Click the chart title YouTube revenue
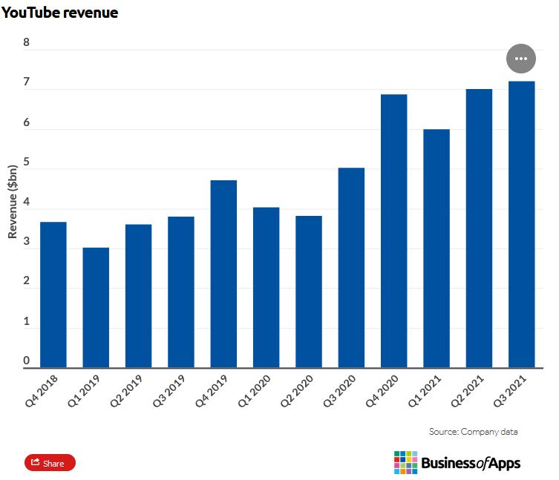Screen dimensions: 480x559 [x=59, y=13]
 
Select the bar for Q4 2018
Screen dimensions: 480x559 [x=53, y=295]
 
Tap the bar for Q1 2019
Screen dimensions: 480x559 [x=96, y=307]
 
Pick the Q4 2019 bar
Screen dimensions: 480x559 [x=223, y=274]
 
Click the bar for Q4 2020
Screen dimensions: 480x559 [x=394, y=231]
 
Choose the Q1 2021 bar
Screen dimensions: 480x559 [x=437, y=248]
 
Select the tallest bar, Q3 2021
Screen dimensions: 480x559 [x=521, y=224]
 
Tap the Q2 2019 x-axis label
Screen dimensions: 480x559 [x=137, y=394]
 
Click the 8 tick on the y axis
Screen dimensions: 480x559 [x=27, y=42]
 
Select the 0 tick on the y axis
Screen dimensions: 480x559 [x=27, y=361]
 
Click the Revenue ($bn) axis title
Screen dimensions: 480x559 [x=13, y=201]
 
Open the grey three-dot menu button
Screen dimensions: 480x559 [x=520, y=58]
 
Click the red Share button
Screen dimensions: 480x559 [x=50, y=463]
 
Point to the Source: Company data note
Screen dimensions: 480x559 [x=473, y=431]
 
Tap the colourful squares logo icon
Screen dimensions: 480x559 [x=405, y=462]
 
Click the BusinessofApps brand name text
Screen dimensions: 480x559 [x=471, y=464]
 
